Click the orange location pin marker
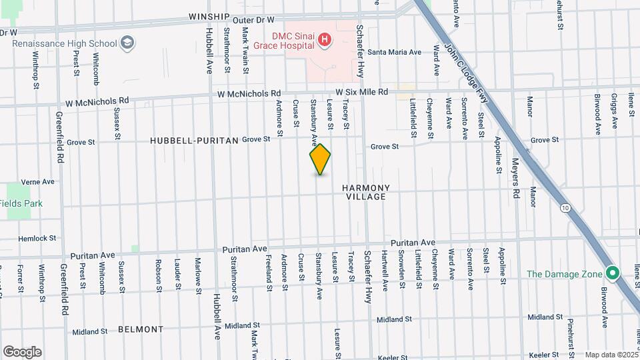[320, 159]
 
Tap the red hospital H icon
[325, 40]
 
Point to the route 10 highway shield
[565, 209]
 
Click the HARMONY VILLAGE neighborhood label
[365, 192]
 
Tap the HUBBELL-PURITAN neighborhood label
[194, 140]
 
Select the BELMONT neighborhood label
[141, 329]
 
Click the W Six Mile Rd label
[361, 92]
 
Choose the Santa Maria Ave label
[395, 52]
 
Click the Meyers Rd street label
[515, 178]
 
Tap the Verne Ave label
[37, 181]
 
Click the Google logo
[22, 352]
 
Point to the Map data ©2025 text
[611, 355]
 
